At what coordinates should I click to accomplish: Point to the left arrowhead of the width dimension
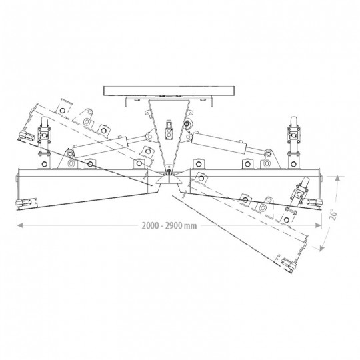point(20,226)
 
